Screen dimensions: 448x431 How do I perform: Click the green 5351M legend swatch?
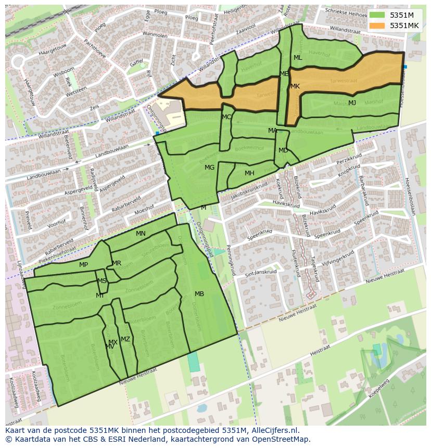click(x=377, y=15)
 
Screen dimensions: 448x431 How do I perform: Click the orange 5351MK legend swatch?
click(x=377, y=25)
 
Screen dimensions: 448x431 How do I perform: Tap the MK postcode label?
click(x=295, y=86)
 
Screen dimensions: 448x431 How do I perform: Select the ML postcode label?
click(x=298, y=58)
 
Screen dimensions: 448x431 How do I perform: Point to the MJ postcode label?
click(x=352, y=103)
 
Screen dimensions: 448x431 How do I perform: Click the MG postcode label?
click(x=209, y=168)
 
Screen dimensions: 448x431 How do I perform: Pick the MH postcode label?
click(x=249, y=173)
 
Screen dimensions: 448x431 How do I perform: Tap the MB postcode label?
click(x=199, y=294)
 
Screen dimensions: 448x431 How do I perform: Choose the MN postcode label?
click(x=141, y=234)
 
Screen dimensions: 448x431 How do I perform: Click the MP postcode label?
click(x=83, y=265)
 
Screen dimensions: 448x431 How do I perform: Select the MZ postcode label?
click(x=125, y=339)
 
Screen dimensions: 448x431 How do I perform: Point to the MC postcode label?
click(x=226, y=117)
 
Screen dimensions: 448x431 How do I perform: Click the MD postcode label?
click(x=283, y=150)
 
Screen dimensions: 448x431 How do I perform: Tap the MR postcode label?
click(x=117, y=263)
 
